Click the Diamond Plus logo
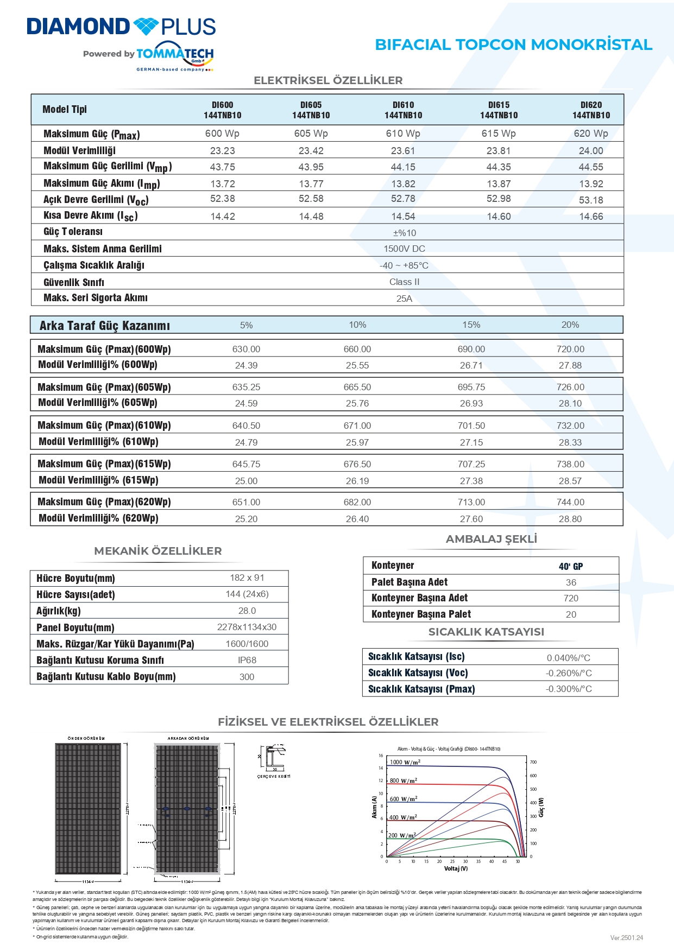pos(121,27)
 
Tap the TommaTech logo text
pos(174,54)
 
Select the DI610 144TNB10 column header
pos(403,110)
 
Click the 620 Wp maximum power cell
pos(591,134)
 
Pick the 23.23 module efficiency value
pos(222,151)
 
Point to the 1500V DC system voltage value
pos(404,249)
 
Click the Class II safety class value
pos(404,282)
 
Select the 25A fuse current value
pos(404,299)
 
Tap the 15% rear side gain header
pos(471,325)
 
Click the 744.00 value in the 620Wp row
pos(570,502)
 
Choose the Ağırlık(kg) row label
pos(59,611)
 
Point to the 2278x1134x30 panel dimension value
pos(247,627)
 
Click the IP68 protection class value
pos(247,660)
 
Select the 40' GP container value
pos(570,566)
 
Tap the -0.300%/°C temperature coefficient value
pos(569,689)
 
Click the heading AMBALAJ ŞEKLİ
pos(491,539)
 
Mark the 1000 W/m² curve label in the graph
pos(405,762)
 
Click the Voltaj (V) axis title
pos(456,868)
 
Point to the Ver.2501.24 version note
pos(626,937)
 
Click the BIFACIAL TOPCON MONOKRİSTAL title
pos(513,45)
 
